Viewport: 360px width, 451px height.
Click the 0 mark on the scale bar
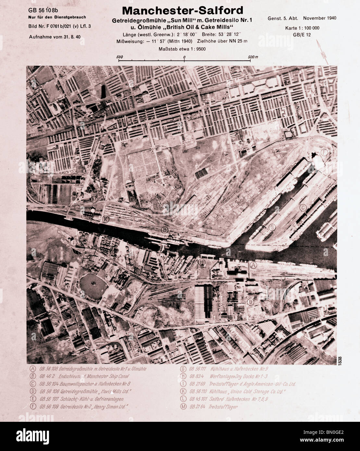point(184,57)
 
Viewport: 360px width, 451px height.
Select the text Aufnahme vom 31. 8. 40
point(55,37)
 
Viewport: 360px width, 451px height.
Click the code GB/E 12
point(302,34)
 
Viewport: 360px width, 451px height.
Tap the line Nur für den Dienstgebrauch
point(57,17)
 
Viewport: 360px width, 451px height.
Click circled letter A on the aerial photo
point(253,265)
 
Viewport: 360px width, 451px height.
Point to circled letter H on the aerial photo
point(202,262)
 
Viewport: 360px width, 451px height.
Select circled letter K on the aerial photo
point(106,219)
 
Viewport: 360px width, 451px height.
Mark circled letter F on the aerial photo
point(323,152)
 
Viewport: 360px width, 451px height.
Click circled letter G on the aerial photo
point(272,227)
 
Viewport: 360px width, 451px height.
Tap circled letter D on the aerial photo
point(250,302)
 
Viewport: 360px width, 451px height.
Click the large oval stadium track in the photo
point(93,285)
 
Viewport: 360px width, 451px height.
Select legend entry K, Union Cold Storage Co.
point(234,392)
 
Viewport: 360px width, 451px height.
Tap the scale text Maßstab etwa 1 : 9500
point(182,49)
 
